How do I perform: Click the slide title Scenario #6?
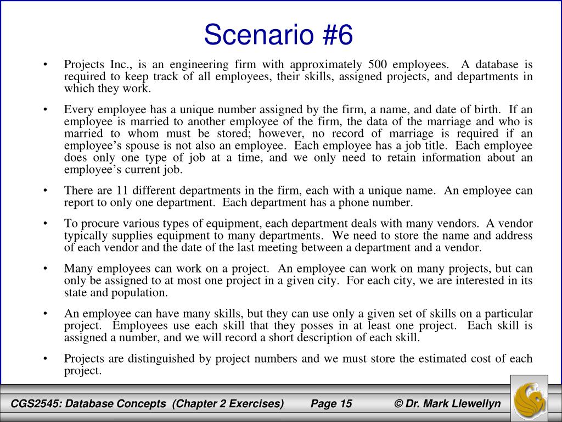click(278, 35)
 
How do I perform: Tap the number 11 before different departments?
click(122, 191)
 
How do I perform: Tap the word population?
click(142, 292)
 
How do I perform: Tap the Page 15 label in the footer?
click(331, 404)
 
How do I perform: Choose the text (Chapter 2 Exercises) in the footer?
click(227, 404)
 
